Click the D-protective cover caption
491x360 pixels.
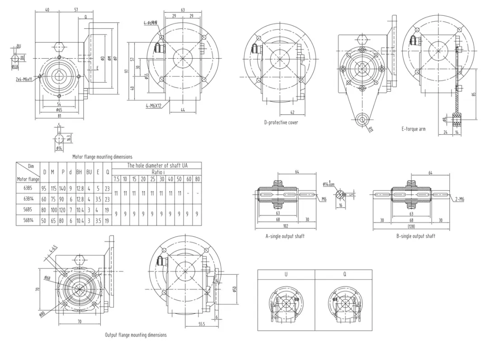(x=281, y=122)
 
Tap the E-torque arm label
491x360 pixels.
(x=413, y=129)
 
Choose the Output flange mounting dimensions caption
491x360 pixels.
(x=136, y=335)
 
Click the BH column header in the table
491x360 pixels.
(x=79, y=172)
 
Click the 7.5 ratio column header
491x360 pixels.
(x=116, y=179)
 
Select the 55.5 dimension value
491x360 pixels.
(x=202, y=324)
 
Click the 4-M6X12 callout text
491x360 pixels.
(x=154, y=106)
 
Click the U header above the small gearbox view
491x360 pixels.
(x=286, y=274)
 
